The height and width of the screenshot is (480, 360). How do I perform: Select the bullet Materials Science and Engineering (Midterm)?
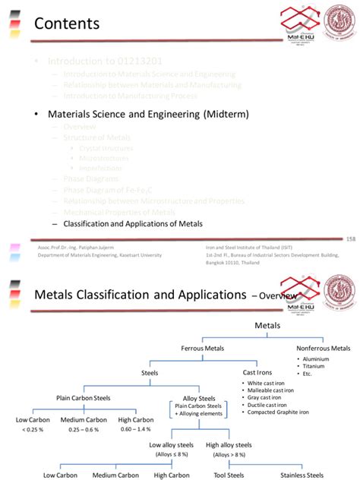(148, 115)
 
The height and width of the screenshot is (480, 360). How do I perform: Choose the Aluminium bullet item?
(318, 358)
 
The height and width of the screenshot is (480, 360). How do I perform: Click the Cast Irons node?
(258, 373)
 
